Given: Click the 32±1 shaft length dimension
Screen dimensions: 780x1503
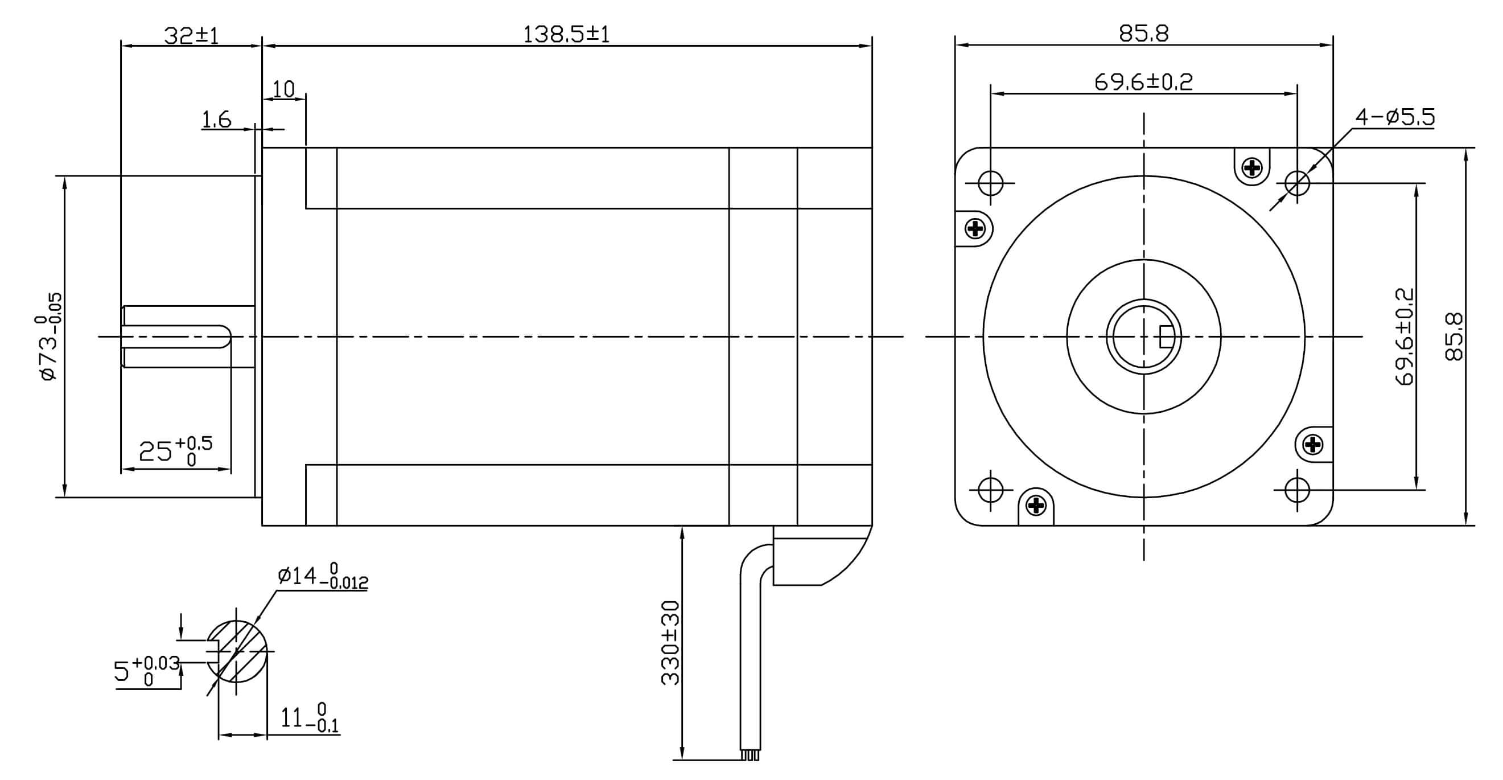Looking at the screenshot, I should coord(191,36).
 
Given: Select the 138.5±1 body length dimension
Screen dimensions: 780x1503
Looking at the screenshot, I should coord(566,35).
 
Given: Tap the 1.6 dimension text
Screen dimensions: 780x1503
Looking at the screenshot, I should coord(216,120).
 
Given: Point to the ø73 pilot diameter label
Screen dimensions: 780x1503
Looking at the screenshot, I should coord(49,337).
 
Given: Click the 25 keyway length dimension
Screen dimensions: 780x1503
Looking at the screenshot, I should coord(175,451).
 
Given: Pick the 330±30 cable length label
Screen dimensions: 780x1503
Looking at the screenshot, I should coord(670,642).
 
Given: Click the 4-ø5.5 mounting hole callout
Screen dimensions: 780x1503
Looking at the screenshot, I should coord(1394,117).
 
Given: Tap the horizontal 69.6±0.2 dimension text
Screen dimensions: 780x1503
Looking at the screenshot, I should coord(1143,82).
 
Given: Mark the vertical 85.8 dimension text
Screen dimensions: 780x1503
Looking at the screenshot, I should coord(1455,337).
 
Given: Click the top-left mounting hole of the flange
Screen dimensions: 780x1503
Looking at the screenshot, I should coord(990,183).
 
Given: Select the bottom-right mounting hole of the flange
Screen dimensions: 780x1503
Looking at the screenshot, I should coord(1297,490).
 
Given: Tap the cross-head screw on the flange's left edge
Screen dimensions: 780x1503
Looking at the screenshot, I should coord(975,228).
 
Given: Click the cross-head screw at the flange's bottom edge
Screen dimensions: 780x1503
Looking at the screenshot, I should coord(1036,505).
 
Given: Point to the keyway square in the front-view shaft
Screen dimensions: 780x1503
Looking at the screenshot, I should coord(1166,336).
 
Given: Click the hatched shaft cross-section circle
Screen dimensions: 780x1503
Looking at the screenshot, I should coord(237,651).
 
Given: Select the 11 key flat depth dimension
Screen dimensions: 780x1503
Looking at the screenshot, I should coord(308,719).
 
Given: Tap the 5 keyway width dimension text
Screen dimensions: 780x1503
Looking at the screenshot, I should coord(146,671).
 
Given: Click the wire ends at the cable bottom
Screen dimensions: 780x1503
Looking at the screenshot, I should coord(750,756).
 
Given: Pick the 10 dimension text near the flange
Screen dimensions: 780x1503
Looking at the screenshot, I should coord(283,89).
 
